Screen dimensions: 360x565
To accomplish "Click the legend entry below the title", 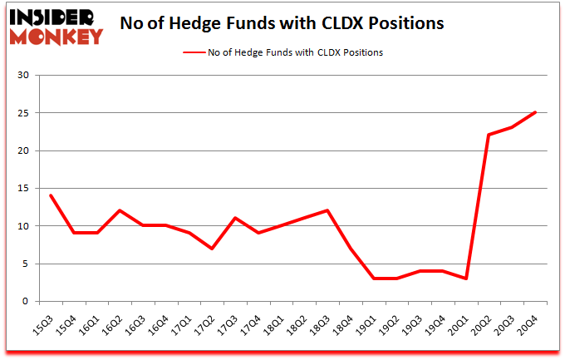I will click(x=283, y=52).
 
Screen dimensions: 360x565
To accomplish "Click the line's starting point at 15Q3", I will click(x=52, y=195).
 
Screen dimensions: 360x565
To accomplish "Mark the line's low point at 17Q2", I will click(x=213, y=249).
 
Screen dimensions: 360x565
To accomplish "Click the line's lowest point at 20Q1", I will click(x=466, y=279).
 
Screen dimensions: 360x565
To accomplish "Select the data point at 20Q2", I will click(x=489, y=135).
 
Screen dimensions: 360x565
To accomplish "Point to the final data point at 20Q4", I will click(x=535, y=112).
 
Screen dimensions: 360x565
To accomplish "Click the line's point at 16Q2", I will click(x=120, y=210).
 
